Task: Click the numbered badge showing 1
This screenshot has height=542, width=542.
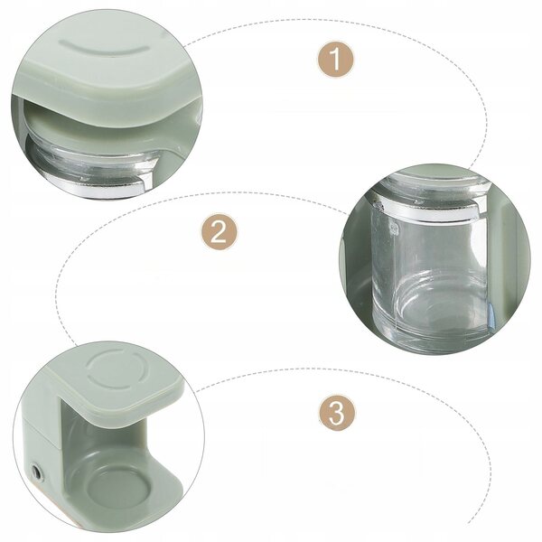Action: point(336,60)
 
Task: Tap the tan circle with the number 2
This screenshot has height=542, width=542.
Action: point(220,231)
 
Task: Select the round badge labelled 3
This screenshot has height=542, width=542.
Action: point(336,413)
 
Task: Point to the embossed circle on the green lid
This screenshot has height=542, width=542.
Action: point(114,370)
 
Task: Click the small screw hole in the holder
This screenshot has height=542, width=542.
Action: point(36,472)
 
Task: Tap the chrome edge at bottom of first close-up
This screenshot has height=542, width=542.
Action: point(97,186)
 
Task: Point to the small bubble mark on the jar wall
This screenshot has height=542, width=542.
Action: point(393,228)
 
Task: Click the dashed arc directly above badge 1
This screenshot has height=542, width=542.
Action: point(335,20)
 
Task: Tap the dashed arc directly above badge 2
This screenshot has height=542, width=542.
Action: point(221,193)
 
